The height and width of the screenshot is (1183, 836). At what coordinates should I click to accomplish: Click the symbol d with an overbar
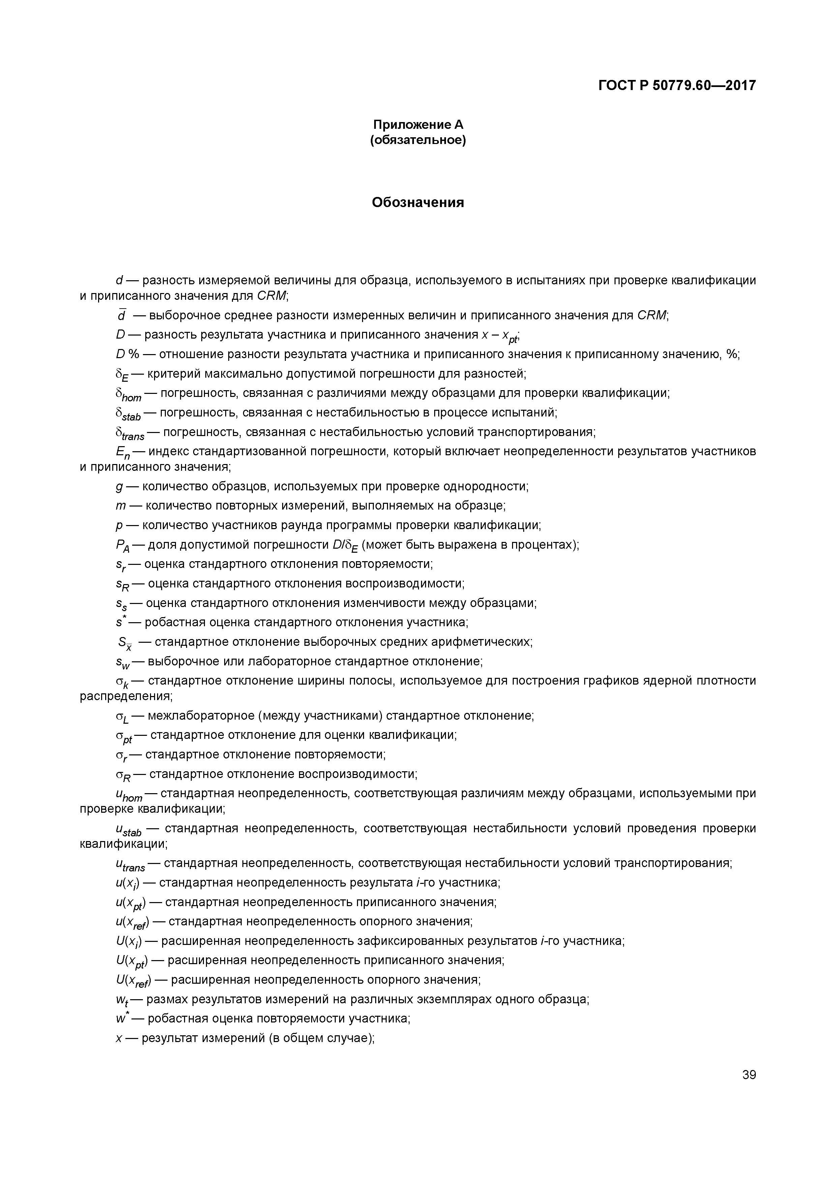pos(122,315)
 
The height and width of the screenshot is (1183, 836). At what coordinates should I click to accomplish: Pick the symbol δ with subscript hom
pos(128,395)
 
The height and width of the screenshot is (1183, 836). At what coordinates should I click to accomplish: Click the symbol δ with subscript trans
pos(130,434)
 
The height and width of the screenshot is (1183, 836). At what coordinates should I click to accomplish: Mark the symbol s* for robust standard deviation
pos(120,622)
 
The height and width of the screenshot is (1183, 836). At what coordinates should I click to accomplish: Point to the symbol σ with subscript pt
pos(124,737)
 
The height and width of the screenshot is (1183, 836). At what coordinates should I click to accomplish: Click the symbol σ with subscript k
pos(122,683)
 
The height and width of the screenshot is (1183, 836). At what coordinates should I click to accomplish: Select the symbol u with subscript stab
pos(128,831)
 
